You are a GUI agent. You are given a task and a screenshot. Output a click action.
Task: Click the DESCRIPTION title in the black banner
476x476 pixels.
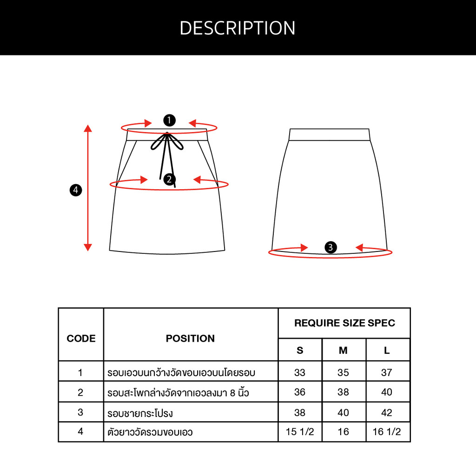(238, 28)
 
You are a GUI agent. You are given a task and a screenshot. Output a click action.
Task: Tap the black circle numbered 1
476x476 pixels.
(169, 120)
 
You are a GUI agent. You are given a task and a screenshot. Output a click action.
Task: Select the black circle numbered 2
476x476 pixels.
(169, 179)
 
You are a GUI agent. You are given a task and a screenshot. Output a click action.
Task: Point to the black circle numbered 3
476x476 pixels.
(331, 247)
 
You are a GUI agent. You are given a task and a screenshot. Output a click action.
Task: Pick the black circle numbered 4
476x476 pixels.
(76, 190)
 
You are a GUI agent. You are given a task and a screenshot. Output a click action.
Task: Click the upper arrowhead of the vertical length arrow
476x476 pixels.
(88, 128)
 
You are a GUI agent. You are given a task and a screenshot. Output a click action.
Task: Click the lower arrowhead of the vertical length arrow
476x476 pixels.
(88, 247)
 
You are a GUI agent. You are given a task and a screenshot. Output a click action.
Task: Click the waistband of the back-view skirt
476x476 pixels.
(330, 135)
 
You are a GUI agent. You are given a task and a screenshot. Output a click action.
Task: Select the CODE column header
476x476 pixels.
(81, 338)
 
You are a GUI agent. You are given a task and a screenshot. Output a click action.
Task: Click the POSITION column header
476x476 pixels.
(190, 338)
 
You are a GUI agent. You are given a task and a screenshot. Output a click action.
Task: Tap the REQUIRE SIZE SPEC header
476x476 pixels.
(344, 323)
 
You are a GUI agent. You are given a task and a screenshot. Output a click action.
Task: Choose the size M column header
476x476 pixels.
(344, 350)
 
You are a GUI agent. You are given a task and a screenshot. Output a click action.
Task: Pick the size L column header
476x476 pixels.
(387, 350)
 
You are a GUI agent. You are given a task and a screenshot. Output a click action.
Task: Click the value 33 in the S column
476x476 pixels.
(300, 372)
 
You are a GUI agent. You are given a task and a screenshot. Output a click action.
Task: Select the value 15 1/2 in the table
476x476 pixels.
(300, 431)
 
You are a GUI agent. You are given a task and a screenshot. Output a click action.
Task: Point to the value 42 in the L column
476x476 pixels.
(387, 413)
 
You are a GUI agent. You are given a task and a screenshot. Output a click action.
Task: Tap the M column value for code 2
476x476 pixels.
(344, 392)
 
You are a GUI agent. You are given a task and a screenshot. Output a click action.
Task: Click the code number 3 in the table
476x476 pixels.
(80, 412)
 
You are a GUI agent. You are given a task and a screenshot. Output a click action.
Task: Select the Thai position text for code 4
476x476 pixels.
(150, 432)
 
